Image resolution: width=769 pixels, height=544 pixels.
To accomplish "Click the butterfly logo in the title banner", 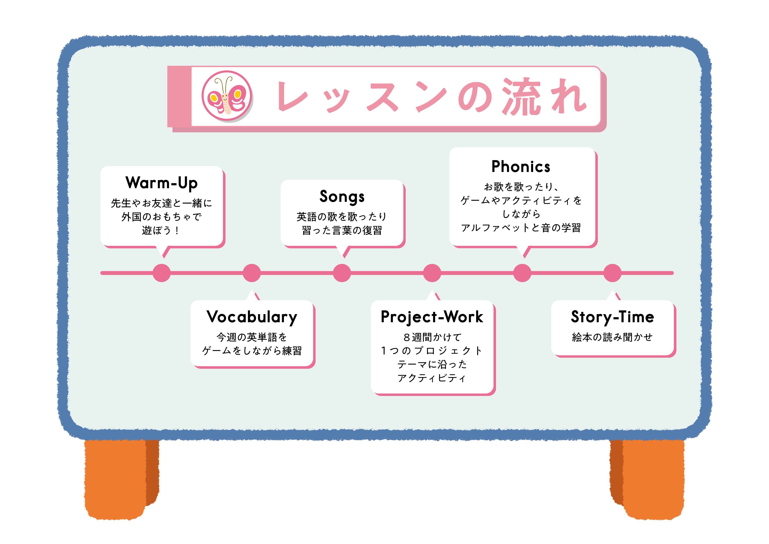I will coord(227,96).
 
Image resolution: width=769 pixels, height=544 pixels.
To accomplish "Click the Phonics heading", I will coord(521,166).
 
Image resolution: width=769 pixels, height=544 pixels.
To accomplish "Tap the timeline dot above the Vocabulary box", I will coord(252,273).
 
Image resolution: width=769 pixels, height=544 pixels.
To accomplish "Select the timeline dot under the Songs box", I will coord(342,273).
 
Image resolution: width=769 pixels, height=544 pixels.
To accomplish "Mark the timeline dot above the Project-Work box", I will coord(432,273).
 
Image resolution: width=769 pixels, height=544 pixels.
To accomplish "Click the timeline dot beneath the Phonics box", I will coord(522,273).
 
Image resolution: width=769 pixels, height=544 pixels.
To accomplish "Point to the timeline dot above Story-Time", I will coord(612,273).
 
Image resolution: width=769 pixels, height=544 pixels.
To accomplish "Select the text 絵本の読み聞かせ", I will coord(612,337).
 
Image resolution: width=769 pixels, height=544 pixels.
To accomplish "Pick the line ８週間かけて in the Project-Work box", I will coord(432,337).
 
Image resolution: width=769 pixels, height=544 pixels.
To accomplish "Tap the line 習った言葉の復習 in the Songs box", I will coord(342,231).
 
